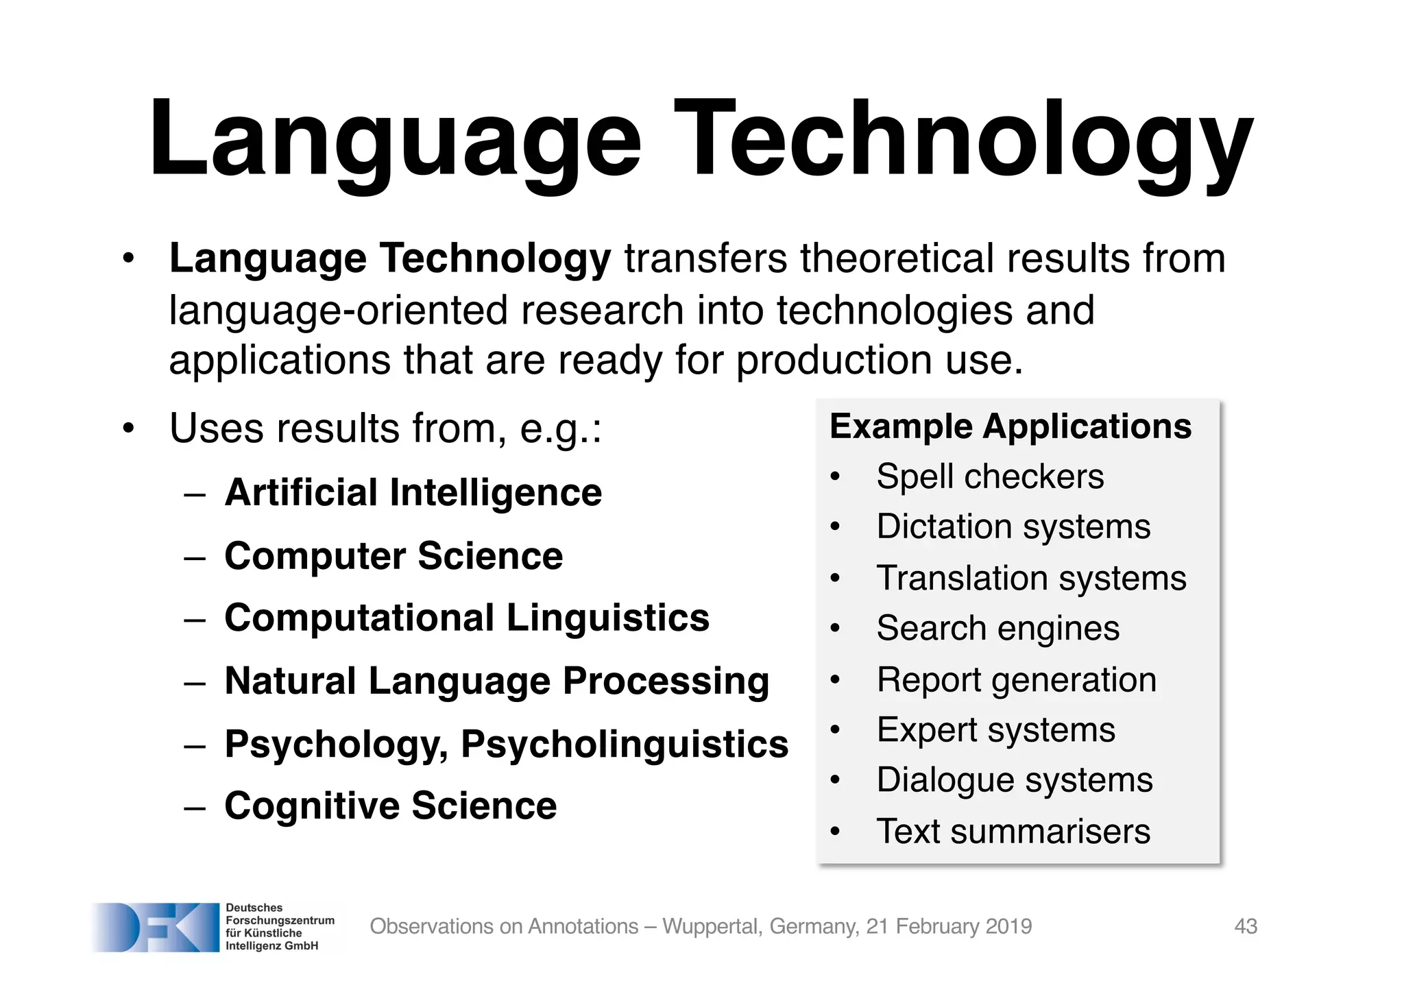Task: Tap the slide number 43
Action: pos(1246,926)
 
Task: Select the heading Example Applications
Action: pos(1010,426)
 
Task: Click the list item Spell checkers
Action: pos(990,476)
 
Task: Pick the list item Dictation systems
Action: pos(1013,527)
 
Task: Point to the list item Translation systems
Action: pos(1031,578)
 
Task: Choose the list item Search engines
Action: pos(997,628)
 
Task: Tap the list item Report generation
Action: pos(1016,680)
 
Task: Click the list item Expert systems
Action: pos(995,729)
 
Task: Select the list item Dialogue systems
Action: pos(1015,780)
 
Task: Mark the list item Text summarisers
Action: pos(1013,831)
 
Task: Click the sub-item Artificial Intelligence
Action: pos(413,492)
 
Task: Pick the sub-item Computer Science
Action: pos(394,555)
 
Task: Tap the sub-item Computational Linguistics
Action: pos(467,618)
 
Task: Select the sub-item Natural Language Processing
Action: pos(496,681)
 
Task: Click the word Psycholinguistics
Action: pos(625,744)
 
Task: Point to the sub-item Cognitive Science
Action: pos(390,806)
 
